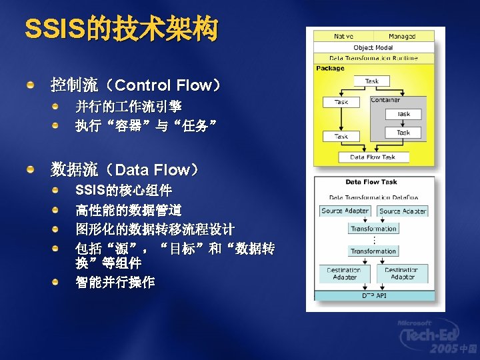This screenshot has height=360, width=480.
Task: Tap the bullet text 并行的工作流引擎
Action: coord(129,107)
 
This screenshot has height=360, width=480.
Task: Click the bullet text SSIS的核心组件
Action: coord(123,191)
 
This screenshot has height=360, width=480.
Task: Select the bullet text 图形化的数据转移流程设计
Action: coord(155,229)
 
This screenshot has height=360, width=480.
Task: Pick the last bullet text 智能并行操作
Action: coord(115,283)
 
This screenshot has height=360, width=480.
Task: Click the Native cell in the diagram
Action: coord(343,37)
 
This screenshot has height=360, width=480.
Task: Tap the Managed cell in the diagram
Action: coord(402,37)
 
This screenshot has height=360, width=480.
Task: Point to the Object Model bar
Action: coord(373,47)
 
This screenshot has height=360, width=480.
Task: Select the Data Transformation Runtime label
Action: coord(373,58)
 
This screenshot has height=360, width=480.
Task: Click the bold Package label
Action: coord(330,68)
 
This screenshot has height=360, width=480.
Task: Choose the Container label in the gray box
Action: coord(385,100)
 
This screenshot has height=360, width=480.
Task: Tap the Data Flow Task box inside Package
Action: coord(373,157)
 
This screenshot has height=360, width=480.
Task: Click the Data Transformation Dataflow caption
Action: coord(373,197)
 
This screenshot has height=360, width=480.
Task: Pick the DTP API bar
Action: coord(373,294)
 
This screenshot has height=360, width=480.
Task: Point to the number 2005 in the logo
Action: coord(443,349)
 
